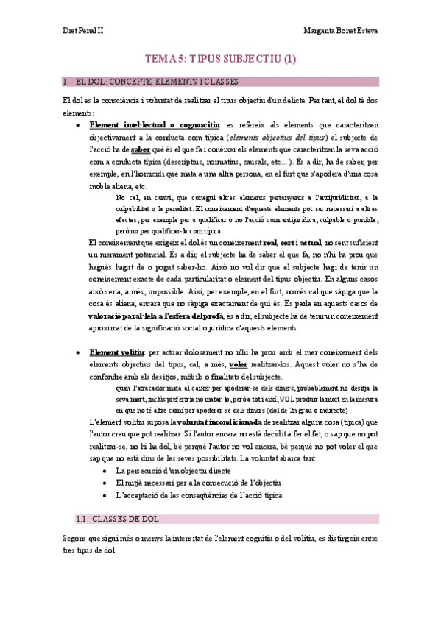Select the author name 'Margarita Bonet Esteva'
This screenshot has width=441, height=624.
(x=340, y=31)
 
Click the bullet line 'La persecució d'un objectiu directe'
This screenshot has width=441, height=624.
(x=173, y=470)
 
